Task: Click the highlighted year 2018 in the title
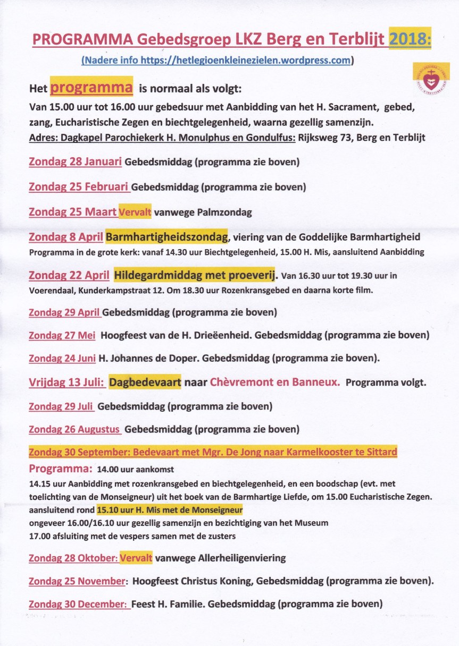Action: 410,39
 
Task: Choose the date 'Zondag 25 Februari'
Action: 79,187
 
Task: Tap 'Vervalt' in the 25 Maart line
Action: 135,212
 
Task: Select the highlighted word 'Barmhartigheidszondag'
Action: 166,236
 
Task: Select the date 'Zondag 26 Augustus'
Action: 74,429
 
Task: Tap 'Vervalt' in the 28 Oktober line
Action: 136,558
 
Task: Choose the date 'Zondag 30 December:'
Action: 79,604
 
